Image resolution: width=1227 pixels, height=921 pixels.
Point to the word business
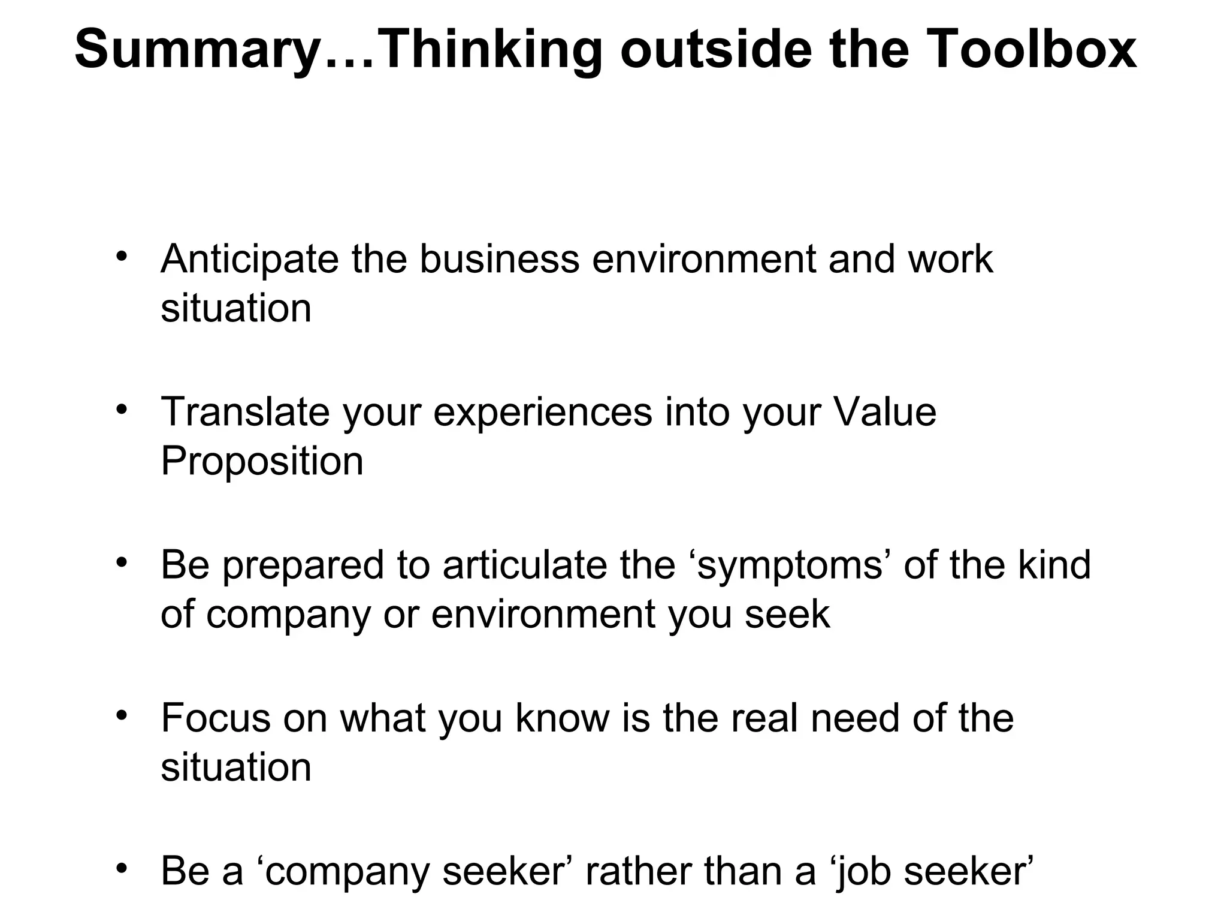[x=499, y=259]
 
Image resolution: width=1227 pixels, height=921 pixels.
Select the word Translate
[x=245, y=412]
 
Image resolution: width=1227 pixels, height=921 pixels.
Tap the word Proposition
[x=262, y=462]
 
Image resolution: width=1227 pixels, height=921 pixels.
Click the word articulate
[x=525, y=565]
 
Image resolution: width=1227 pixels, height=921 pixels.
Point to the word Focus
[x=215, y=718]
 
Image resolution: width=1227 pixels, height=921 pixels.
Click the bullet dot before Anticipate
[x=122, y=257]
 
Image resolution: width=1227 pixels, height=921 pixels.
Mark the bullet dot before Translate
[x=122, y=410]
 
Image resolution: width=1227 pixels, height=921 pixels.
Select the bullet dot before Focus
[x=122, y=715]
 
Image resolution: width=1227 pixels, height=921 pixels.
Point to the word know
[x=562, y=718]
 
